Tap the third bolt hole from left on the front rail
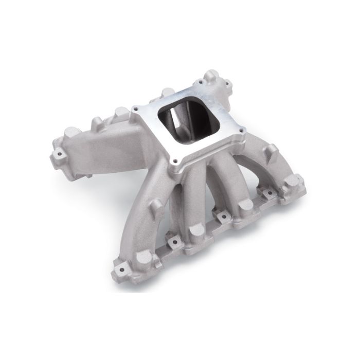224,215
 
